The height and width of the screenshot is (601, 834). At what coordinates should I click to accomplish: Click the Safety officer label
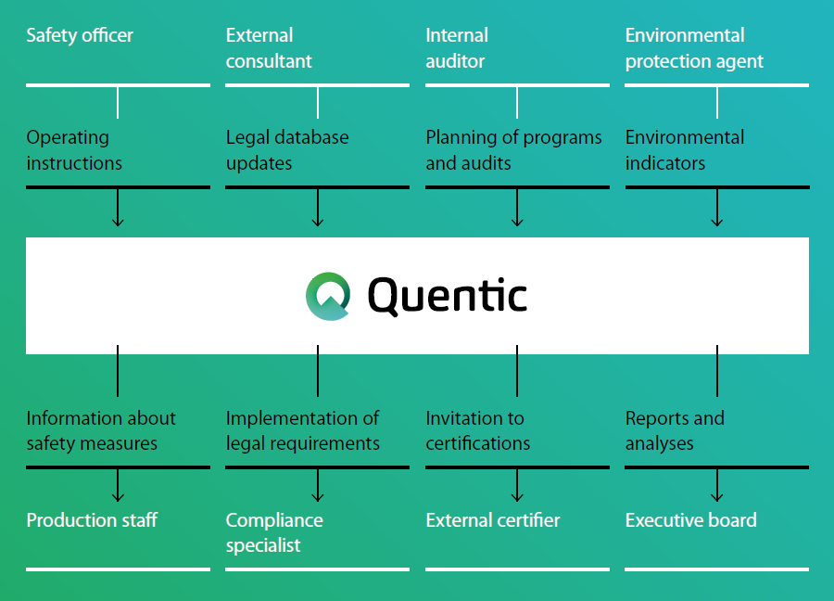tap(80, 36)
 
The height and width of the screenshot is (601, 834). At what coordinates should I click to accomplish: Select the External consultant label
tap(269, 48)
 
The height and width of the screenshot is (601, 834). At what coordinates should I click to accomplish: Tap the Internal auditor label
tap(456, 48)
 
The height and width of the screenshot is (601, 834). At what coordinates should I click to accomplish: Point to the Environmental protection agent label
tap(694, 48)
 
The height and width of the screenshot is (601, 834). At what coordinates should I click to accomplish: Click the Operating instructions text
tap(74, 150)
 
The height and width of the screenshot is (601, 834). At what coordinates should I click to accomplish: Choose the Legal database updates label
tap(287, 150)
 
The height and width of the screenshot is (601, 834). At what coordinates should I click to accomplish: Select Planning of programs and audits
tap(513, 150)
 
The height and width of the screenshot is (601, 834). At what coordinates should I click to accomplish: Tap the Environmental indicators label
tap(685, 150)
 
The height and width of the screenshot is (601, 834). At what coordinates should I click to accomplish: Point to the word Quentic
tap(448, 296)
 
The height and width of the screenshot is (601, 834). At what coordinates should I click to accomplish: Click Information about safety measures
tap(101, 431)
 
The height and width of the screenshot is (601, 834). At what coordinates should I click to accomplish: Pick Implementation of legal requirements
tap(303, 431)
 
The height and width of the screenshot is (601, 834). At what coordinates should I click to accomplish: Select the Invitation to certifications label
tap(478, 431)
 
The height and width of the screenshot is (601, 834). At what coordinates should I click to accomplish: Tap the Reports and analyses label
tap(675, 431)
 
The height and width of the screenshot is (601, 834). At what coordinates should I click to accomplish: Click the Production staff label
tap(92, 520)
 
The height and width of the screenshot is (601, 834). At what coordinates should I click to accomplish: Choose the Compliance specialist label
tap(274, 532)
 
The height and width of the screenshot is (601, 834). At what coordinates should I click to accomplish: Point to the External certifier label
tap(493, 520)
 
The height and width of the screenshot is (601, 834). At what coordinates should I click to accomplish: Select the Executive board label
tap(691, 520)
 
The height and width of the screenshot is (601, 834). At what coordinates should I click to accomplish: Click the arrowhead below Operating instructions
tap(118, 222)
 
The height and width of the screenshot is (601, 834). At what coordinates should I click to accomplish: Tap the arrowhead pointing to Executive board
tap(717, 497)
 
